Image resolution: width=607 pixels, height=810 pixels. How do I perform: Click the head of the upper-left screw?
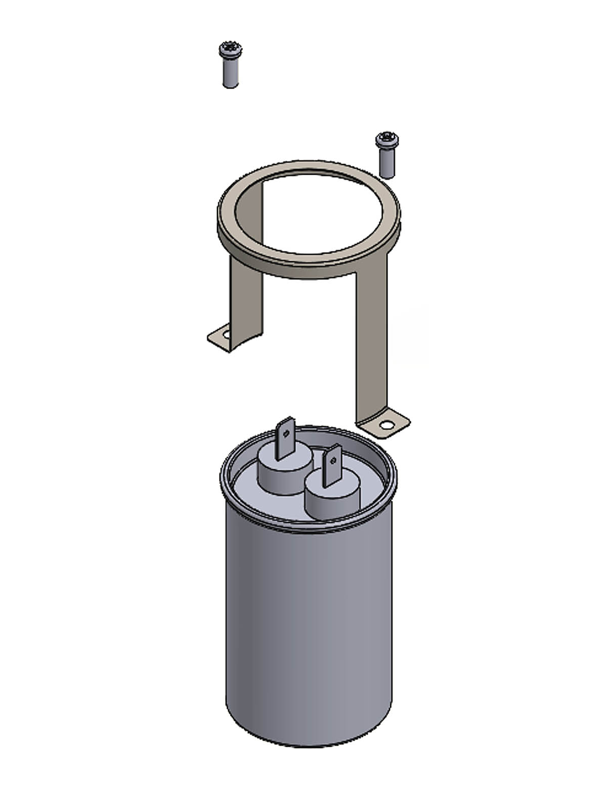230,50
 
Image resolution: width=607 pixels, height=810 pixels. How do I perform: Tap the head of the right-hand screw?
387,139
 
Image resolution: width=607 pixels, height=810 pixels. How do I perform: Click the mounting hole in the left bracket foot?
226,335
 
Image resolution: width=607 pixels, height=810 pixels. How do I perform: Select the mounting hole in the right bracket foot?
387,425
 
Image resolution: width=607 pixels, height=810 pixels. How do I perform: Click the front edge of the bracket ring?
309,268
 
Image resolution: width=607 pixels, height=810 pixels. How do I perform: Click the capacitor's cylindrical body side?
309,633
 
